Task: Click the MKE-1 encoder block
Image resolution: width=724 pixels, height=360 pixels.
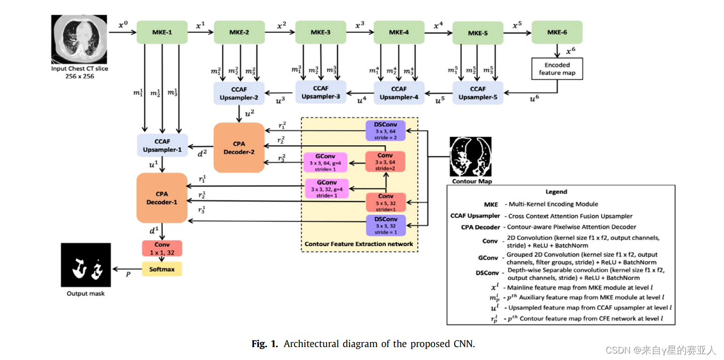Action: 162,32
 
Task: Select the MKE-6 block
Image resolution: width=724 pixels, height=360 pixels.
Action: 557,32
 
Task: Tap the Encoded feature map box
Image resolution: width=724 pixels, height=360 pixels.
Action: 557,69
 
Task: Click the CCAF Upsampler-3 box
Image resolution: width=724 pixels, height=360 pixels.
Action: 321,92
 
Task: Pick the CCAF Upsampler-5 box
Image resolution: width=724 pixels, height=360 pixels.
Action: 478,93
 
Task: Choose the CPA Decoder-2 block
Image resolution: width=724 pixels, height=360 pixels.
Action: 239,148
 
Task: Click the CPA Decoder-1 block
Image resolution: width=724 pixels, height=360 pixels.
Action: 162,198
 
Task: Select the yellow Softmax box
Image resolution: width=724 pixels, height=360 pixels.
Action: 162,269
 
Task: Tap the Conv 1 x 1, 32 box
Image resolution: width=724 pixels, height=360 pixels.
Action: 162,248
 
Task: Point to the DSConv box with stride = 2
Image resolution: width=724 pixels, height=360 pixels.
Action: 385,131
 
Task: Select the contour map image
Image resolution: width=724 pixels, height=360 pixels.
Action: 470,157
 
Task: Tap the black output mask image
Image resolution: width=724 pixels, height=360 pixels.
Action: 86,266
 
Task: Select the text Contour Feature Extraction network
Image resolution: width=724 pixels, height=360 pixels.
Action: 359,244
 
